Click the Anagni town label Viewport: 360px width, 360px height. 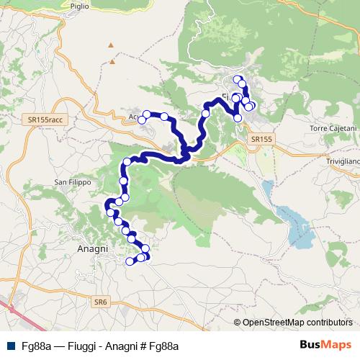tap(91, 248)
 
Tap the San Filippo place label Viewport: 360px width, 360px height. tap(73, 183)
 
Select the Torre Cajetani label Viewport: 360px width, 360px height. tap(333, 128)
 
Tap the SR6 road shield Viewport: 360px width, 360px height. tap(99, 304)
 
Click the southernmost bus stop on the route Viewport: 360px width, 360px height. tap(130, 261)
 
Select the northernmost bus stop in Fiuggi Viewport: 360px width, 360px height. tap(237, 78)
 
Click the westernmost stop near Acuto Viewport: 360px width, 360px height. tap(141, 120)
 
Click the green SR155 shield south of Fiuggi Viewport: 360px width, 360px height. tap(262, 138)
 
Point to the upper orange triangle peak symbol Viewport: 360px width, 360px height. tap(111, 46)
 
